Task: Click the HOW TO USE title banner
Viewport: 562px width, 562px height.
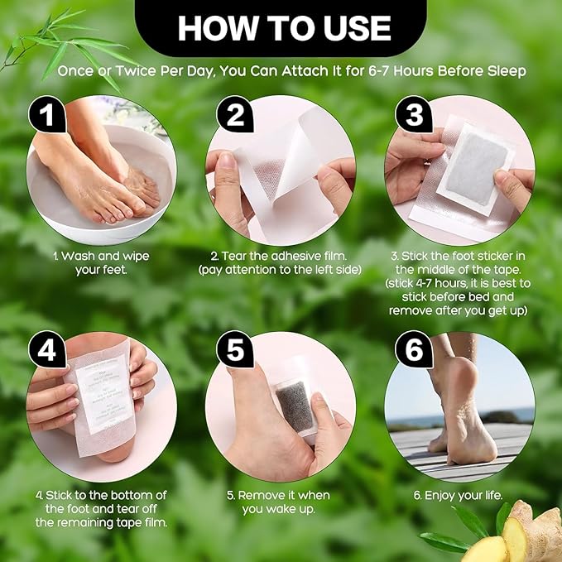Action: point(284,28)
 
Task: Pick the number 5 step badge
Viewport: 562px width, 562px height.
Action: point(234,351)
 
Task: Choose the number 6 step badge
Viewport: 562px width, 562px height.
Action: point(414,351)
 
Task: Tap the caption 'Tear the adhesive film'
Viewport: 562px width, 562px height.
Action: point(281,263)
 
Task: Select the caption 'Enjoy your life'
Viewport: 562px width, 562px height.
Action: point(459,495)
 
